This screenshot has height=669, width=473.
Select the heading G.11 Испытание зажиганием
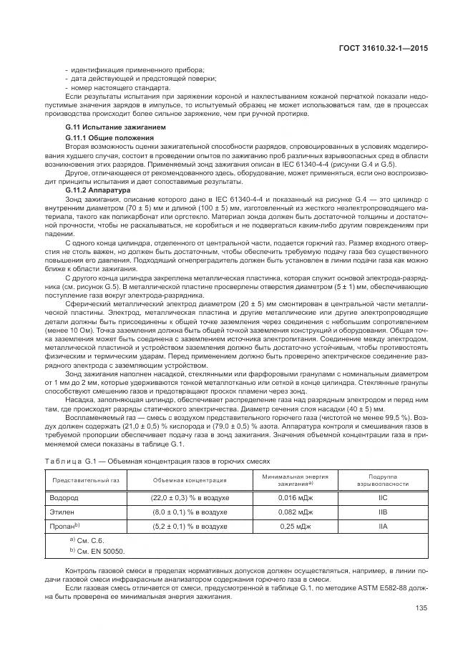[x=105, y=127]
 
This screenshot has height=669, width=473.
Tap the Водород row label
[x=62, y=497]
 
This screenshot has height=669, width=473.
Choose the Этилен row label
[x=60, y=512]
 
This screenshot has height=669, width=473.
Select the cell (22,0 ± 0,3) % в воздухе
[x=190, y=497]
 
